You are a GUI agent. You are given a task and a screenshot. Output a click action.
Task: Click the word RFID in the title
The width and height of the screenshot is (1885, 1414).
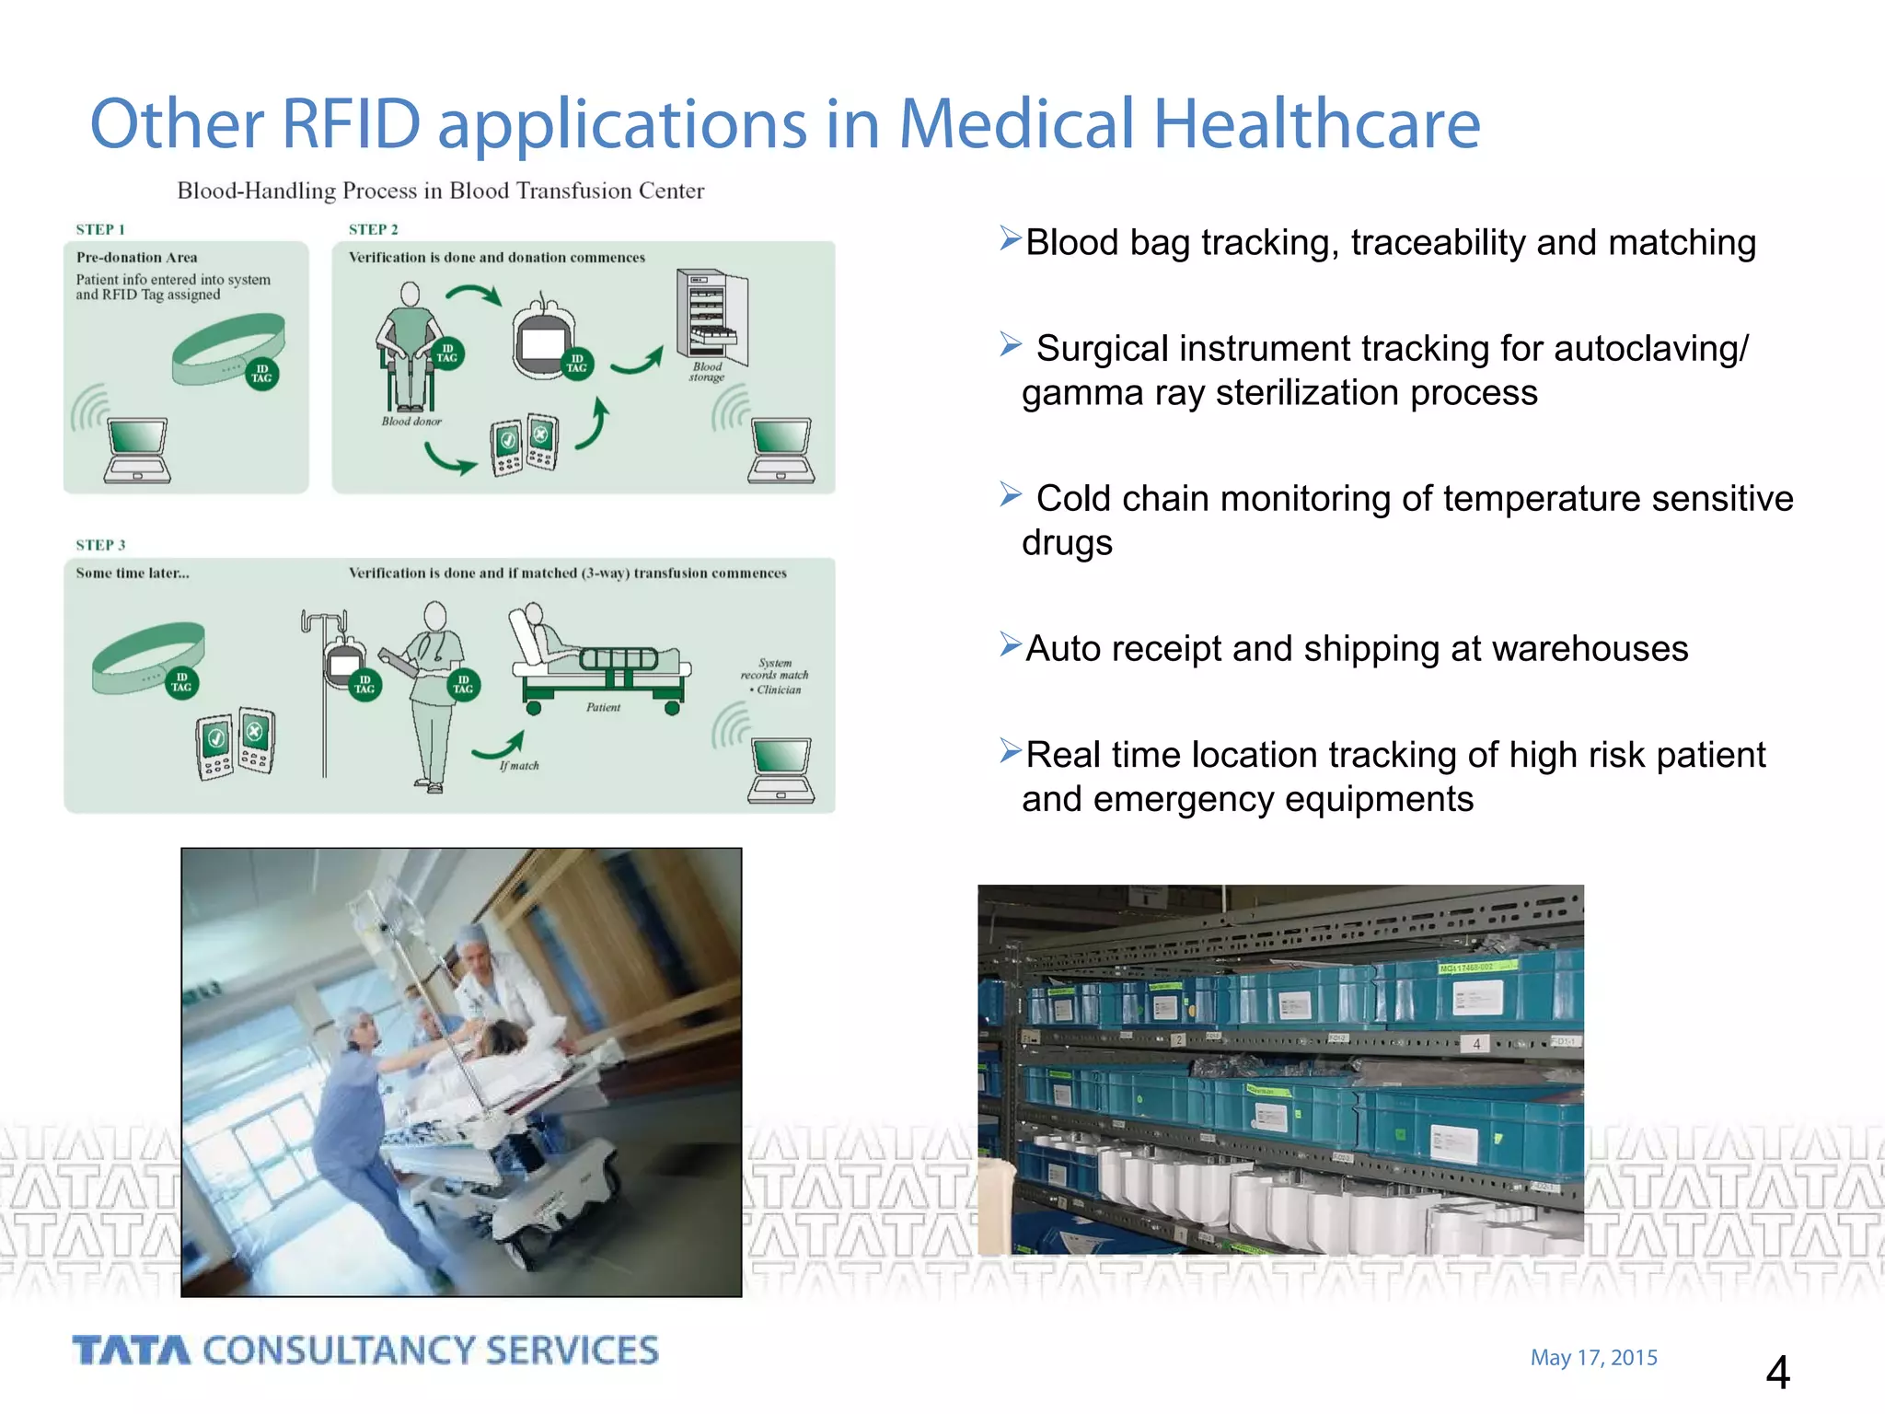pyautogui.click(x=351, y=123)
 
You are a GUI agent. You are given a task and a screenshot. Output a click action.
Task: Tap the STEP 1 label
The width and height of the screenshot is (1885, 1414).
pyautogui.click(x=99, y=229)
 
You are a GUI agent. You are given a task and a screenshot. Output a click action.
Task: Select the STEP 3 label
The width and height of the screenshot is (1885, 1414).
pyautogui.click(x=99, y=545)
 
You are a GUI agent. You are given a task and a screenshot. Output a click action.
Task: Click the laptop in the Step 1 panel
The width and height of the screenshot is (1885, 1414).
pyautogui.click(x=138, y=449)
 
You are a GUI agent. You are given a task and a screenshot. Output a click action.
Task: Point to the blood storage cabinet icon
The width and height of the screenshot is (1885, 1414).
pyautogui.click(x=711, y=316)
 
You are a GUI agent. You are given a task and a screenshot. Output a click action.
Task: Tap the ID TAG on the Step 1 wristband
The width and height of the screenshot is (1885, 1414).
pyautogui.click(x=261, y=374)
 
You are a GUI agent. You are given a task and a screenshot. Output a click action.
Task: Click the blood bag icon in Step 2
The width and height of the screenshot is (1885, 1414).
pyautogui.click(x=543, y=339)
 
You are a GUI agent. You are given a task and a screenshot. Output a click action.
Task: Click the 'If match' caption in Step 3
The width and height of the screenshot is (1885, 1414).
pyautogui.click(x=520, y=765)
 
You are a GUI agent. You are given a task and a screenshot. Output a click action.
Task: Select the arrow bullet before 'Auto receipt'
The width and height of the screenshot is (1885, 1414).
pyautogui.click(x=1011, y=644)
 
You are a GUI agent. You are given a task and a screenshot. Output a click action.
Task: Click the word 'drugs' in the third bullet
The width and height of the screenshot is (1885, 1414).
pyautogui.click(x=1067, y=543)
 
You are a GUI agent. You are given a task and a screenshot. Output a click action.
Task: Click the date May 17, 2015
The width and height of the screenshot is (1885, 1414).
pyautogui.click(x=1593, y=1358)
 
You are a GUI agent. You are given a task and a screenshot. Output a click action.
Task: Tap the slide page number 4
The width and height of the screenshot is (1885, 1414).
pyautogui.click(x=1777, y=1373)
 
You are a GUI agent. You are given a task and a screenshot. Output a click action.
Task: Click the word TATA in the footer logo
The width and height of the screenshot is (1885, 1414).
pyautogui.click(x=132, y=1350)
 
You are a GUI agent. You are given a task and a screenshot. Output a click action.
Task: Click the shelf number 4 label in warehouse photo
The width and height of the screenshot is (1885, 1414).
pyautogui.click(x=1476, y=1044)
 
